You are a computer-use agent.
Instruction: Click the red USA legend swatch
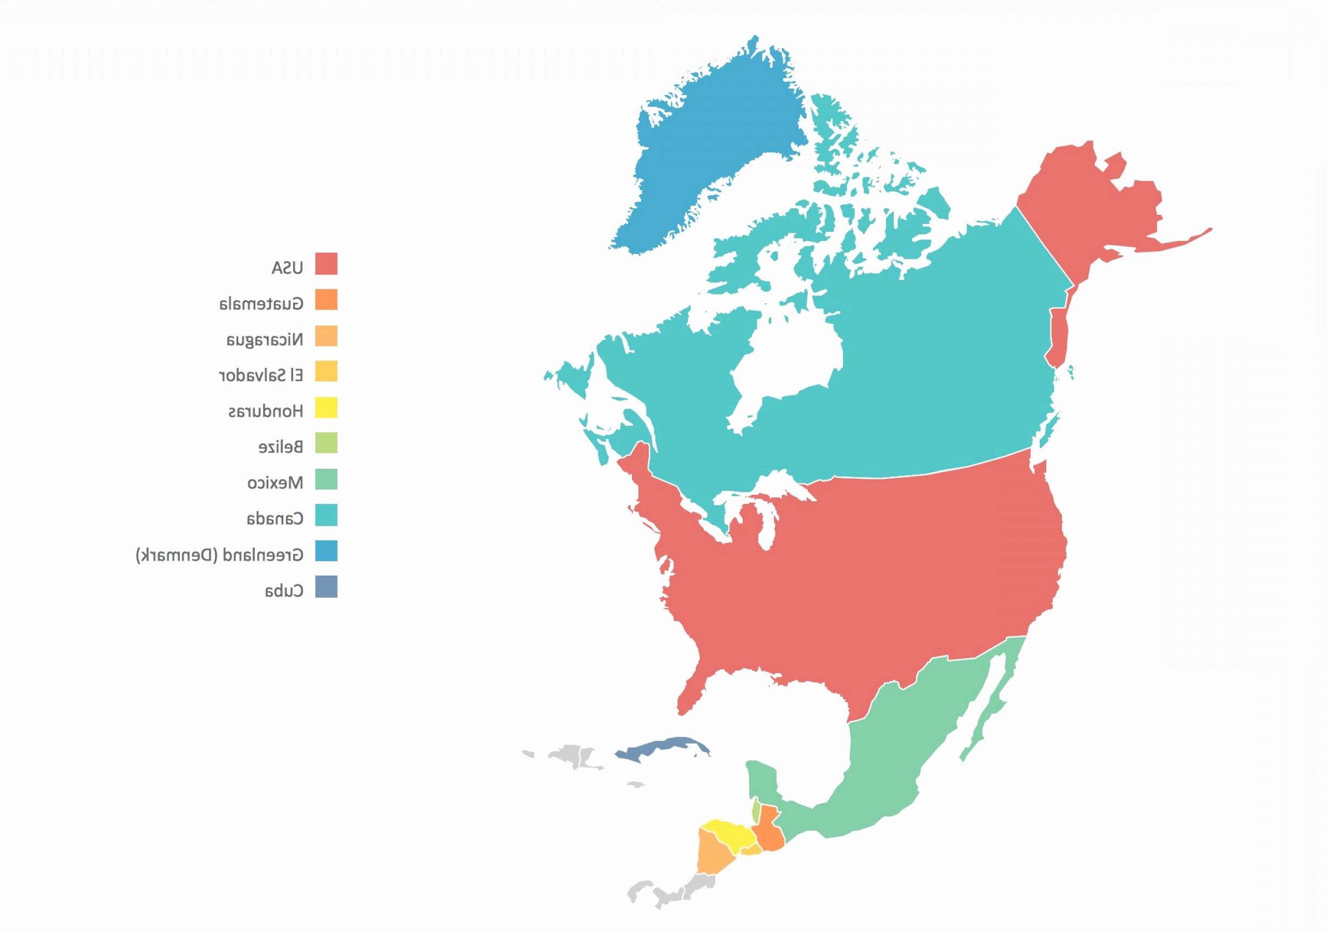(326, 264)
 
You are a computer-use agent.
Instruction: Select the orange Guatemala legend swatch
(326, 299)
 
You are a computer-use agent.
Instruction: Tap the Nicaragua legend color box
(326, 336)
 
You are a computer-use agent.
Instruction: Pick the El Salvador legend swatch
(326, 372)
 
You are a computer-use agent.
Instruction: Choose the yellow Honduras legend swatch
(326, 408)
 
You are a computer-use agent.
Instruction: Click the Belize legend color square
(326, 443)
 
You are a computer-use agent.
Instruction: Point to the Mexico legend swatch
(326, 480)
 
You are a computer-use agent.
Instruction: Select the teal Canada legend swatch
(326, 515)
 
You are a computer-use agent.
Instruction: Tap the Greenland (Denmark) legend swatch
(326, 551)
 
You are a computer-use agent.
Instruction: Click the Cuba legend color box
(326, 586)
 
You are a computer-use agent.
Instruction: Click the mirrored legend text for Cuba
(283, 591)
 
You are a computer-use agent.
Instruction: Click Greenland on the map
(718, 145)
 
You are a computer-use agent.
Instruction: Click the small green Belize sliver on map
(755, 810)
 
